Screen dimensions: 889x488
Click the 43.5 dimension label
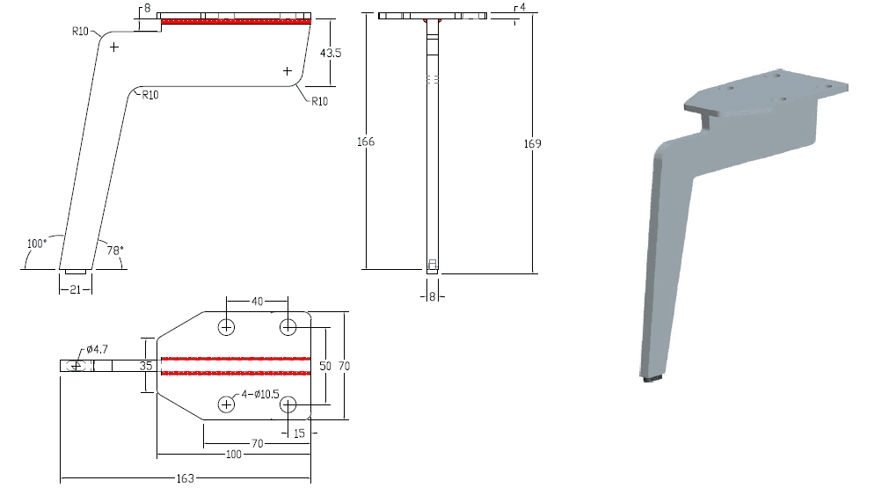point(331,53)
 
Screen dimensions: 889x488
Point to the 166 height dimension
point(366,142)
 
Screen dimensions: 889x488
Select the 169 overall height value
point(532,144)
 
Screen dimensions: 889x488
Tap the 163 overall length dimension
point(186,478)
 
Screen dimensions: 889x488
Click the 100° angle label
point(37,244)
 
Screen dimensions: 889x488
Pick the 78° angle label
point(115,250)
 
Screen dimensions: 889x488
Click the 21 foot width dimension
point(76,289)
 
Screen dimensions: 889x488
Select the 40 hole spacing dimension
point(258,302)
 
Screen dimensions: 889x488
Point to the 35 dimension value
point(146,366)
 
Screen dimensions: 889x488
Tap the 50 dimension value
point(324,366)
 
